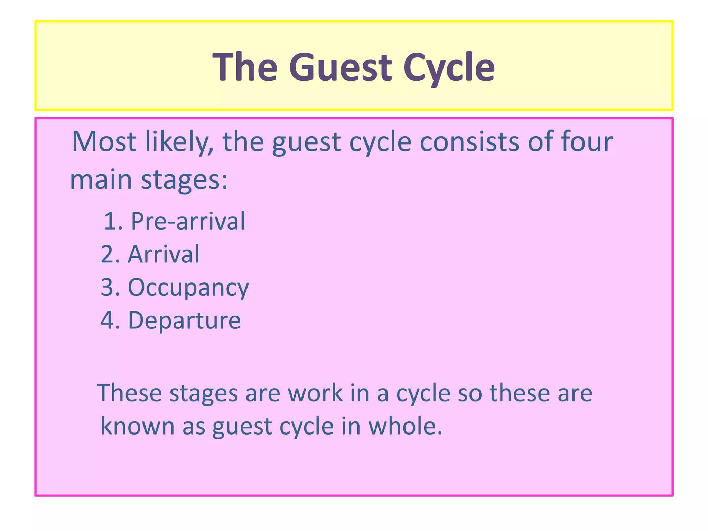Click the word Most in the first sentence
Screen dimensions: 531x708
104,142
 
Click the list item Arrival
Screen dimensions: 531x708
164,254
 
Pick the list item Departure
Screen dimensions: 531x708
184,320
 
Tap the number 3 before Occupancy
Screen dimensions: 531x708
108,287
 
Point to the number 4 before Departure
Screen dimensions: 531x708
108,320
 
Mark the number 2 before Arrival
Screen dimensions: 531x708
108,254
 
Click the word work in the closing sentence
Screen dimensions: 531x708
315,393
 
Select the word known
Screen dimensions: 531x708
137,426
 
